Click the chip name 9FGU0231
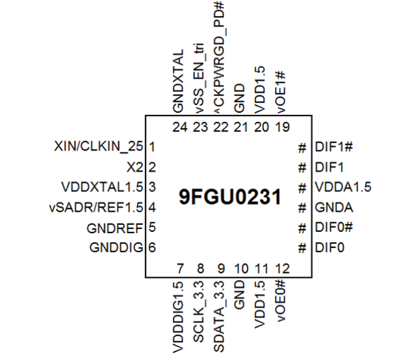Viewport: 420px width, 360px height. pyautogui.click(x=230, y=197)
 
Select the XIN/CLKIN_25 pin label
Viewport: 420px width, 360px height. pyautogui.click(x=99, y=147)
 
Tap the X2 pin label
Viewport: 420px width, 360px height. pyautogui.click(x=134, y=167)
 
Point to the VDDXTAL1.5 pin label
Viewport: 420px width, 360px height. pyautogui.click(x=102, y=187)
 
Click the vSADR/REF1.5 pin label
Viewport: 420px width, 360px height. pyautogui.click(x=96, y=207)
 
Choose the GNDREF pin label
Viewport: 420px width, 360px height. pyautogui.click(x=115, y=228)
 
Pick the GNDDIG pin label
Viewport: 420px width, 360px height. pyautogui.click(x=116, y=248)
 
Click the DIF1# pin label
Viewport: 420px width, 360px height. pyautogui.click(x=334, y=147)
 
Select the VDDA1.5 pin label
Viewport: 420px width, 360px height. pyautogui.click(x=343, y=187)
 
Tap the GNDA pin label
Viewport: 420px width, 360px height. pyautogui.click(x=334, y=208)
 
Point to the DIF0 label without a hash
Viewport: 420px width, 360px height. pyautogui.click(x=329, y=248)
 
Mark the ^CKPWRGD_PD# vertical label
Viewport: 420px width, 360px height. pyautogui.click(x=219, y=57)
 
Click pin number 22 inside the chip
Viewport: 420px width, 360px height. pyautogui.click(x=220, y=127)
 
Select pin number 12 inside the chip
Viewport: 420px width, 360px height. pyautogui.click(x=282, y=269)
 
